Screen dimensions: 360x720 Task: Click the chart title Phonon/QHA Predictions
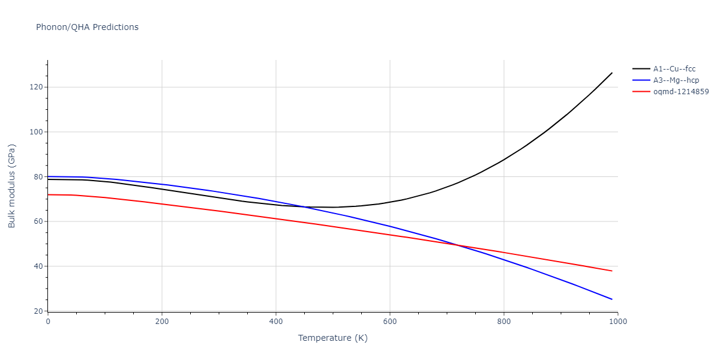coord(87,27)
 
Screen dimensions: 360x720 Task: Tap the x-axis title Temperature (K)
coord(332,338)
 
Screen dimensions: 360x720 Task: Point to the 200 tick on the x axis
coord(162,322)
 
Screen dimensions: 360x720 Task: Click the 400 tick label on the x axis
coord(276,322)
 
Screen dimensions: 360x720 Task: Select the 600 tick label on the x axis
coord(390,322)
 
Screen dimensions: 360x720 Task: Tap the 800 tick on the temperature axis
coord(504,322)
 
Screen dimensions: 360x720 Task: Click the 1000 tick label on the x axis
coord(618,322)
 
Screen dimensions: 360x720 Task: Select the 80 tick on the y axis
coord(39,177)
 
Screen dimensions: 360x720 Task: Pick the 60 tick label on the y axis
coord(39,221)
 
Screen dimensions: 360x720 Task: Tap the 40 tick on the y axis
coord(39,266)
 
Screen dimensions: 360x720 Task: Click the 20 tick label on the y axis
coord(39,311)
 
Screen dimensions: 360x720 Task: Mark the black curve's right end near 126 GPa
coord(612,73)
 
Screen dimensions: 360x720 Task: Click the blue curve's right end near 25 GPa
coord(612,299)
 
